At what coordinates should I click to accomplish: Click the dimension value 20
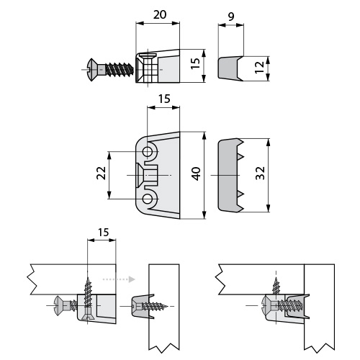pos(160,14)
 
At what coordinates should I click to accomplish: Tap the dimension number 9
pos(230,17)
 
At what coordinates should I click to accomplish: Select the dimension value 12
pos(259,68)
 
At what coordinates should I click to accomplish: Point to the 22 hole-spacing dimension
pos(102,173)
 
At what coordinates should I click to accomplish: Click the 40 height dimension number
pos(197,174)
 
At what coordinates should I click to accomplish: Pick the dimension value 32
pos(260,173)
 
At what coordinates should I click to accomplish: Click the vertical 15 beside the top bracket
pos(196,63)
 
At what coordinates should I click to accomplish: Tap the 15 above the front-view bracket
pos(164,99)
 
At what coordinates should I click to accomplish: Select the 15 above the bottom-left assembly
pos(103,233)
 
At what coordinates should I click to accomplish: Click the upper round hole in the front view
pos(147,152)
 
